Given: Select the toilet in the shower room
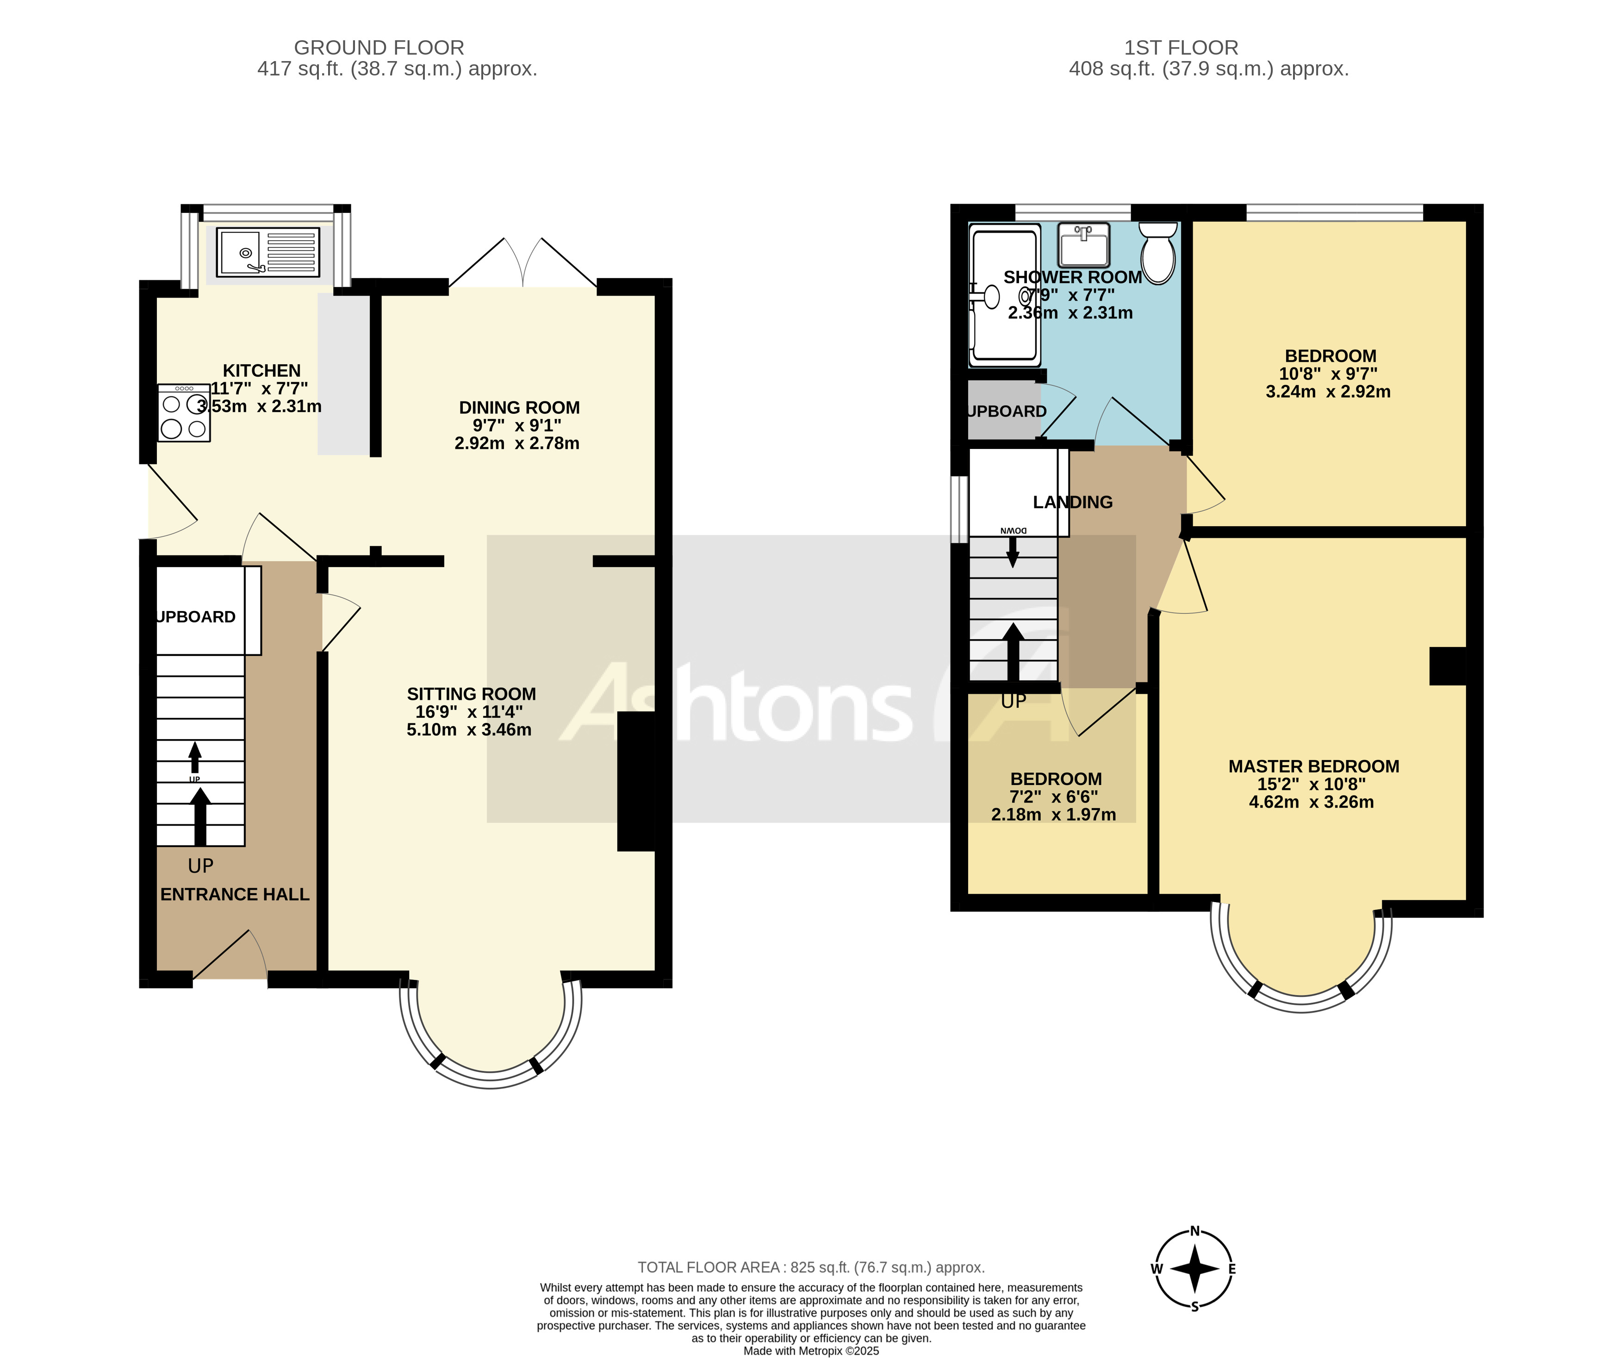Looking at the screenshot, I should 1158,253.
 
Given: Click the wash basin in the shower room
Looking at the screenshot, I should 1083,245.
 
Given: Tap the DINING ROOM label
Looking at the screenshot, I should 519,407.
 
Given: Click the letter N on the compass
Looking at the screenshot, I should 1194,1231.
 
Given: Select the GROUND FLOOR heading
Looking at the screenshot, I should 379,48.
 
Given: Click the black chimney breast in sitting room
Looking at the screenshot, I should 636,781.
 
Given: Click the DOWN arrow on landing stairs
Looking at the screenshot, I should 1013,550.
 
